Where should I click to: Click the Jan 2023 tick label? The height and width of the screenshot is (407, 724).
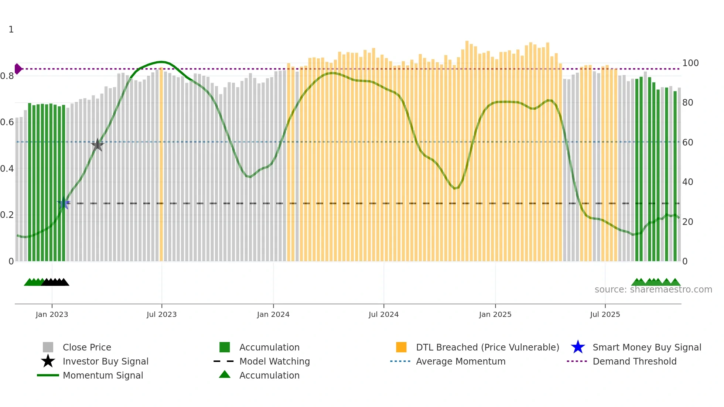pos(52,315)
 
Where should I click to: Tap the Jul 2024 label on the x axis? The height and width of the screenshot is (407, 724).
pos(383,315)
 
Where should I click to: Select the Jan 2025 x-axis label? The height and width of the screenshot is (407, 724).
pos(495,315)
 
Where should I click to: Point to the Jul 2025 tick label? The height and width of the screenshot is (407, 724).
pos(605,315)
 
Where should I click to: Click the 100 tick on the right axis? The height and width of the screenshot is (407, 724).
pos(690,63)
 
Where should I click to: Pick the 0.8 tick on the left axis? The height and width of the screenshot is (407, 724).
pos(7,76)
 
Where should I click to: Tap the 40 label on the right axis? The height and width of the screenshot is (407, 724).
pos(687,182)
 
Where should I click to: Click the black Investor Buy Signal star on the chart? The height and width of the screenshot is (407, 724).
pos(98,145)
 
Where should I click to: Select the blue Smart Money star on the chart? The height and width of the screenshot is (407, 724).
pos(64,203)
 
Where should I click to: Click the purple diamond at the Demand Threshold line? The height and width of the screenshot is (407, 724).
pos(18,69)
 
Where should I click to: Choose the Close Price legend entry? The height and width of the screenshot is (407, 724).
pos(87,348)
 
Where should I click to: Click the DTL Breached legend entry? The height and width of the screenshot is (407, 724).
pos(487,348)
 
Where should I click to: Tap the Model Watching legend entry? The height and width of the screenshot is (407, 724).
pos(274,362)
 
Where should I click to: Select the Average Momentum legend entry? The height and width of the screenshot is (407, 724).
pos(461,362)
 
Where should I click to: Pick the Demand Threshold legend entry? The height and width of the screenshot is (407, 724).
pos(634,362)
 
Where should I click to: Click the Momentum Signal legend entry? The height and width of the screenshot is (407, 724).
pos(103,376)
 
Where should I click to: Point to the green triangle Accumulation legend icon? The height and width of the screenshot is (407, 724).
pos(225,375)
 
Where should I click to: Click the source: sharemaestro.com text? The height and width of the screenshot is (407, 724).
pos(653,290)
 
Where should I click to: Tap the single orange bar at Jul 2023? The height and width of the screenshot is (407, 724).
pos(161,166)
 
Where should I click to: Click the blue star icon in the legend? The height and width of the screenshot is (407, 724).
pos(578,348)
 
